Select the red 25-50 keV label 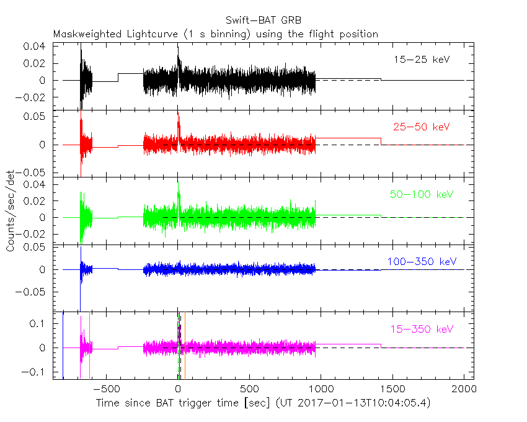[x=421, y=127]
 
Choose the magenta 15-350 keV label [x=421, y=329]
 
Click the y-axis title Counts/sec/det [x=11, y=211]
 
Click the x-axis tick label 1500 [x=394, y=390]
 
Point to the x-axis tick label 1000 [x=322, y=390]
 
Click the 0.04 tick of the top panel [x=35, y=47]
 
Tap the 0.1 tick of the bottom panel [x=39, y=324]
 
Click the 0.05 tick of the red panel [x=35, y=117]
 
